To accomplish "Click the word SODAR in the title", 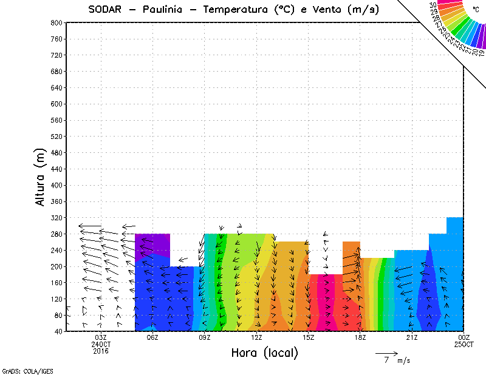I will (x=107, y=10).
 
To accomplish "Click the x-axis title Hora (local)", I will (x=264, y=353).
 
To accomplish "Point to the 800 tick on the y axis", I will (x=56, y=22).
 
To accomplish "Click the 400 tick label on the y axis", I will (x=56, y=185).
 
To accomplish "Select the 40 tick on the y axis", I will (x=58, y=331).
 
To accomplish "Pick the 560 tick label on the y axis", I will (x=56, y=120).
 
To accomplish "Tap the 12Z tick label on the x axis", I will (x=256, y=337).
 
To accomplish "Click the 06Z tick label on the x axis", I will (x=152, y=337).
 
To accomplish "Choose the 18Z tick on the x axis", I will (x=360, y=337).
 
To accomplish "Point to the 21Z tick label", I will (x=412, y=337).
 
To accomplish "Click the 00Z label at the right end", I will (x=464, y=337).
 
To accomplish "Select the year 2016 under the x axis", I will (x=101, y=351).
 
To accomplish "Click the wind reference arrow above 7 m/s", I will (x=386, y=353).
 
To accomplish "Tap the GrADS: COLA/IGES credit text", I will (x=20, y=370).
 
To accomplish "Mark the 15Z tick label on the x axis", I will (x=308, y=337).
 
